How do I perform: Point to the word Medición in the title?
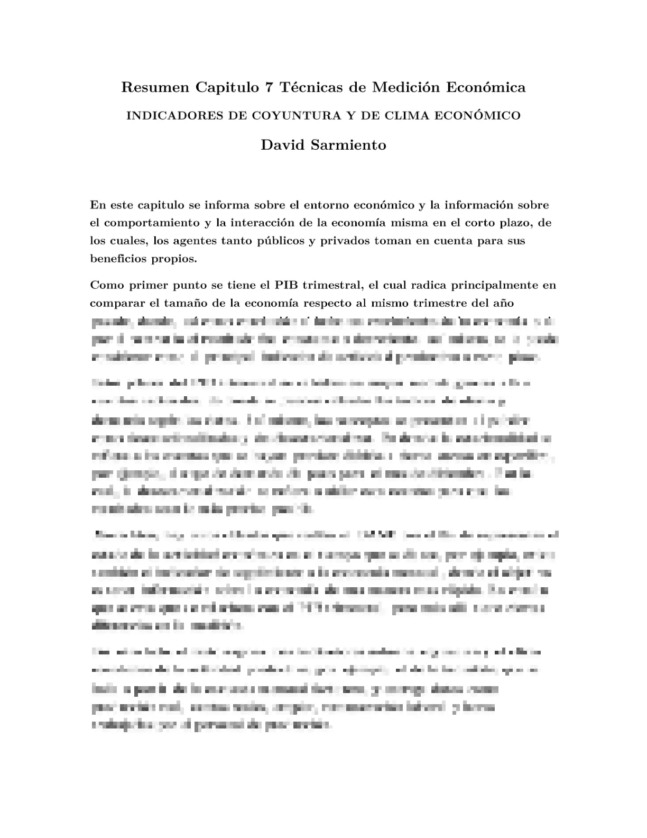407,87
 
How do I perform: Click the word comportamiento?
146,223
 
